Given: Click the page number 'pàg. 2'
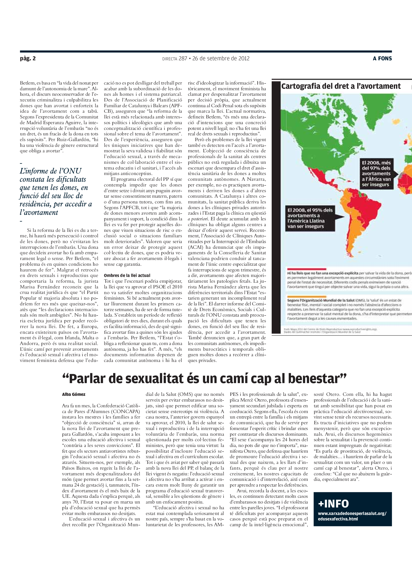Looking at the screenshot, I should (28, 58).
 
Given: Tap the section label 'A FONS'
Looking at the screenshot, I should (382, 58).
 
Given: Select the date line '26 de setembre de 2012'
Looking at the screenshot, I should (221, 58).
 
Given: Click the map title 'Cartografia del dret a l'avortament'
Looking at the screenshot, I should (341, 86).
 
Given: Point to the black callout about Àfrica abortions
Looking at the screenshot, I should (376, 174).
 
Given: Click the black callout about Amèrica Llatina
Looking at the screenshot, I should (310, 218).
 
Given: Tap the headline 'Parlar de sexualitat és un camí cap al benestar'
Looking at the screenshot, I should (204, 379).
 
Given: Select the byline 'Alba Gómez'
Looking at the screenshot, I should (74, 394).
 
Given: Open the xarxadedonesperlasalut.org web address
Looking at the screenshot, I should (352, 516).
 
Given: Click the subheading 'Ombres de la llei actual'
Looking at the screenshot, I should (127, 275).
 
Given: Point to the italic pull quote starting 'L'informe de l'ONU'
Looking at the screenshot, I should (56, 191).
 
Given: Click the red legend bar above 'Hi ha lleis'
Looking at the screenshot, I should (306, 269).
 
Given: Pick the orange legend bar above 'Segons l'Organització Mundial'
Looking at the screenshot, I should (306, 296).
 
